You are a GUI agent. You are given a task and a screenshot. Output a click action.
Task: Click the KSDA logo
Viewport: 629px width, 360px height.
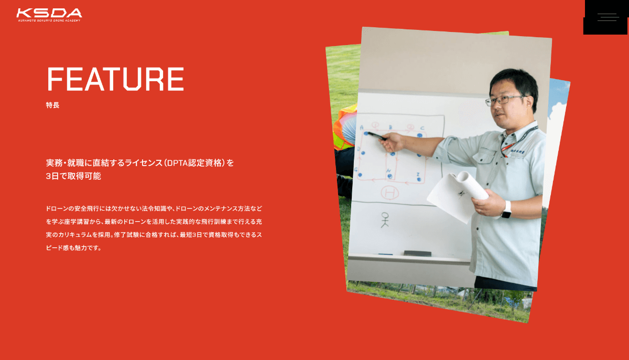point(49,15)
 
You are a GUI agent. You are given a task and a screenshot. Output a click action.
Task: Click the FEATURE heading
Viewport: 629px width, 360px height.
point(115,79)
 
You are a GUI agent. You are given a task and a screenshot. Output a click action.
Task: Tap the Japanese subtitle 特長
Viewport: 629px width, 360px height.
point(52,105)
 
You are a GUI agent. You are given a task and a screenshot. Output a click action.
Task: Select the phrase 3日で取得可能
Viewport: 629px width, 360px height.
point(73,176)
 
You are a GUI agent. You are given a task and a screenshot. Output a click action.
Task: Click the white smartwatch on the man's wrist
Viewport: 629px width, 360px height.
point(506,210)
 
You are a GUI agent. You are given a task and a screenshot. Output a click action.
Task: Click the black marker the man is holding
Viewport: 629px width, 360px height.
point(377,136)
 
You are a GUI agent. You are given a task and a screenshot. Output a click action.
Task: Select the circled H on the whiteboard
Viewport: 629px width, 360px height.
point(390,193)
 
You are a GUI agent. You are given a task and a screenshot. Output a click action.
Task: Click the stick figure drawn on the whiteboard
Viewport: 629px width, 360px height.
point(385,220)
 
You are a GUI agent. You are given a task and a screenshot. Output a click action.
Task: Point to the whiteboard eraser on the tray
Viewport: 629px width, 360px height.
point(417,253)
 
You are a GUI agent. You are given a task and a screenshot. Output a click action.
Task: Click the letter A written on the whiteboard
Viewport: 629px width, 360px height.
point(362,127)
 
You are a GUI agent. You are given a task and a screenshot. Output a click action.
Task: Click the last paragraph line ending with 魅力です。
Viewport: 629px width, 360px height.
point(73,248)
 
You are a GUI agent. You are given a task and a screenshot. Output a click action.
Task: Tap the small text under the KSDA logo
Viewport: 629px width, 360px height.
point(49,20)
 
